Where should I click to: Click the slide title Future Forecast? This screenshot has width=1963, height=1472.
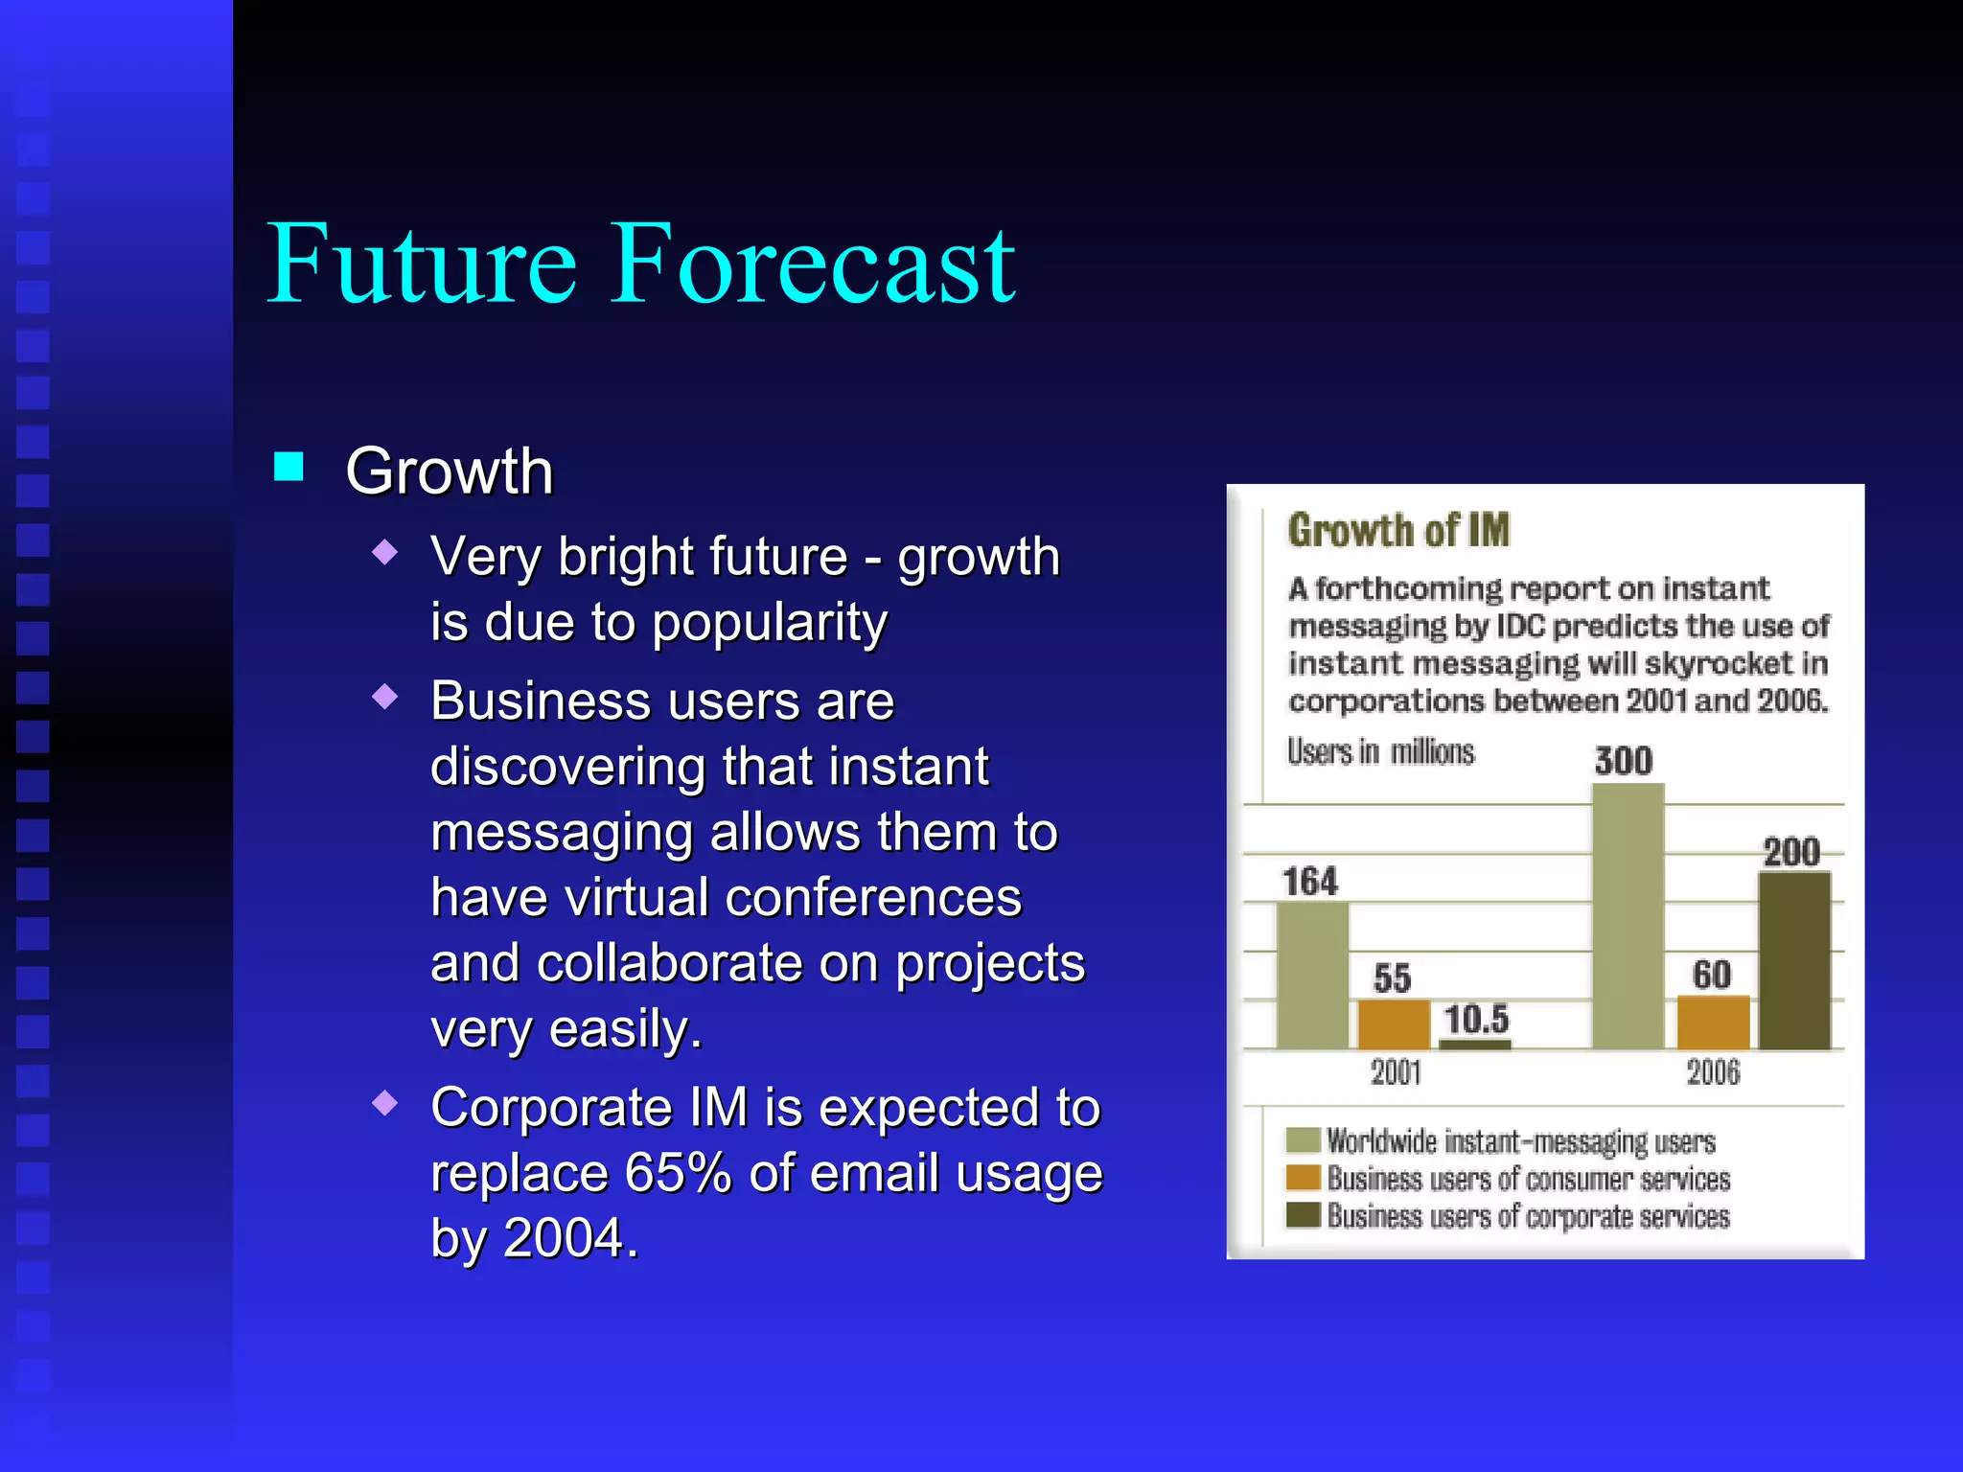click(x=640, y=264)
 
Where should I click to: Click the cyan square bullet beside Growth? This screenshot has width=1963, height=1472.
click(x=289, y=467)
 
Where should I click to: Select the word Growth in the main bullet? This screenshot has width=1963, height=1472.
click(x=450, y=471)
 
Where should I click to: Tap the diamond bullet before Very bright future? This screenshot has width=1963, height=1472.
click(x=384, y=552)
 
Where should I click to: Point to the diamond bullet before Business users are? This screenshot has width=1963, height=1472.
click(x=384, y=697)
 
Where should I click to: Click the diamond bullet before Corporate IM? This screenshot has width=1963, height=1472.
click(x=384, y=1103)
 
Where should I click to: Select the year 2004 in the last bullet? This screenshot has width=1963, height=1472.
click(x=564, y=1238)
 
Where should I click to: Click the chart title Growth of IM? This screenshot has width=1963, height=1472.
click(x=1398, y=530)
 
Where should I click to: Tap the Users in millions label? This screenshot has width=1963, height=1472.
click(x=1380, y=752)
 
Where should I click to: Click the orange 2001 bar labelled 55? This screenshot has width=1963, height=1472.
click(x=1394, y=1024)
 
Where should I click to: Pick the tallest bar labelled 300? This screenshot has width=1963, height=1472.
click(x=1628, y=916)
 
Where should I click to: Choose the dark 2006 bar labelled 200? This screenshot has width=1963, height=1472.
click(x=1794, y=960)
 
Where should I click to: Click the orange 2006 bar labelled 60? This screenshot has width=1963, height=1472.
click(x=1713, y=1023)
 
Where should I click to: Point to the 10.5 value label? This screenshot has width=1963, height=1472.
click(x=1476, y=1019)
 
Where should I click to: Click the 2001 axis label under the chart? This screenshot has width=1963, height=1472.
click(x=1396, y=1072)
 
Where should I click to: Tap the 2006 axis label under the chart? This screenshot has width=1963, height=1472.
click(x=1713, y=1072)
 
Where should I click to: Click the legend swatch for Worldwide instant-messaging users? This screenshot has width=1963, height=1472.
click(x=1304, y=1140)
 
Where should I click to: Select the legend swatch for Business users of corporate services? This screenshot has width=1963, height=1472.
click(x=1304, y=1215)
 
